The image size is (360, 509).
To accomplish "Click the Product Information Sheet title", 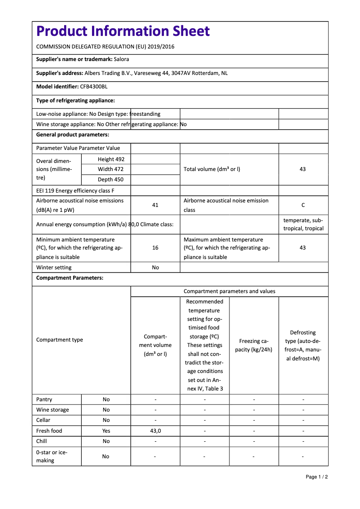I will click(x=123, y=31).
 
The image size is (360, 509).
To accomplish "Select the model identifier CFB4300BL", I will click(x=94, y=87).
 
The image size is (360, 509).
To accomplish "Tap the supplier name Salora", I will click(x=121, y=59).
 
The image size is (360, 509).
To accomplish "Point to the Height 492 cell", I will click(x=111, y=159).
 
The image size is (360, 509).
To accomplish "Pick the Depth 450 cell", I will click(x=111, y=180).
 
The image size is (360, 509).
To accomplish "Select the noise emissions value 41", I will click(x=155, y=205).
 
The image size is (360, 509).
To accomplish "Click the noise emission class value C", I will click(x=303, y=205).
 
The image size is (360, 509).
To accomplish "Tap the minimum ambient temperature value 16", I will click(x=155, y=248).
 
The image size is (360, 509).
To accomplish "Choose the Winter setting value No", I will click(x=155, y=268).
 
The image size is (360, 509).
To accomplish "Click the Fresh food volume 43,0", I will click(x=155, y=431).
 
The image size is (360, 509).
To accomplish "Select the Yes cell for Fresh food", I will click(x=106, y=431).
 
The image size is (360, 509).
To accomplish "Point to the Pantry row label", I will click(x=44, y=399).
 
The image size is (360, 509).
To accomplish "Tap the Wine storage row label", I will click(x=53, y=410).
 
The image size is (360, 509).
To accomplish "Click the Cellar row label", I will click(x=44, y=420).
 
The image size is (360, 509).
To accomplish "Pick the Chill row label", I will click(x=42, y=441).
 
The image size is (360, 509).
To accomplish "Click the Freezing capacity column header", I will click(x=254, y=345).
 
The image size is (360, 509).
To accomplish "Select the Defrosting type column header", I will click(x=303, y=345).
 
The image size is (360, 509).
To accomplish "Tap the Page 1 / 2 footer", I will click(x=316, y=477).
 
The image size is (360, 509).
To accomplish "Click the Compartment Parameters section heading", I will click(x=70, y=278).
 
